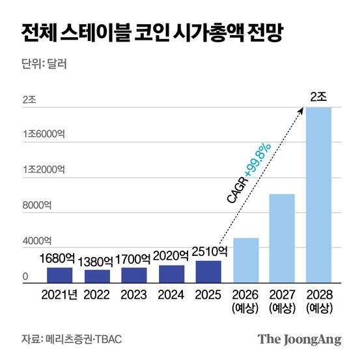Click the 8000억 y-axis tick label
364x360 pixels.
point(38,206)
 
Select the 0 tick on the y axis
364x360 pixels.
point(25,277)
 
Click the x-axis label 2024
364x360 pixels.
point(171,295)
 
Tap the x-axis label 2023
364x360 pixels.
point(133,295)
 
